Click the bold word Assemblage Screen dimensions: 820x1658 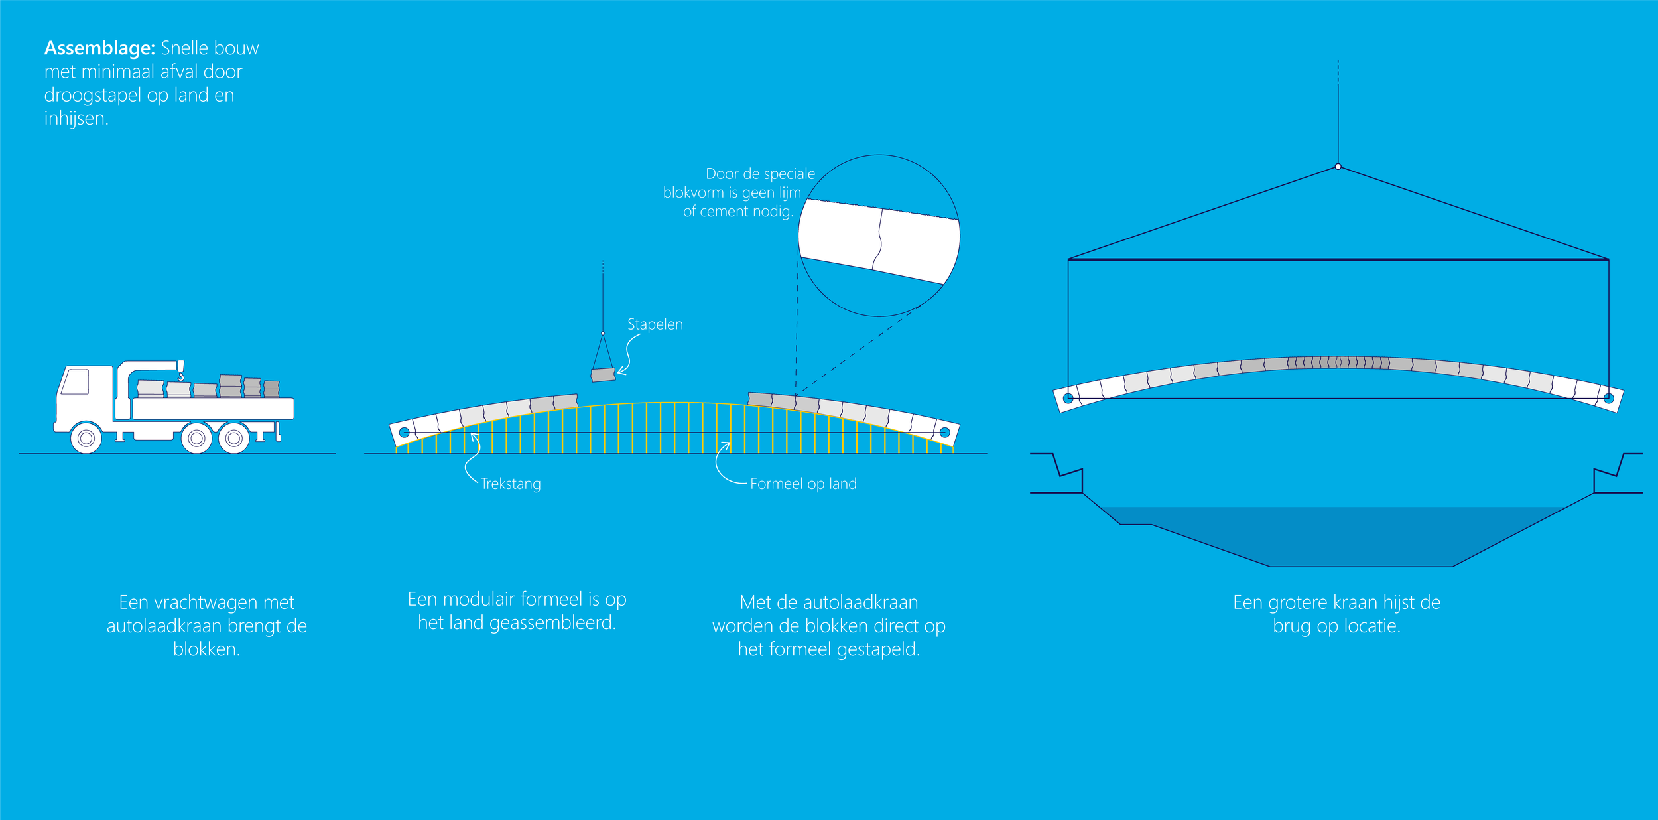point(99,48)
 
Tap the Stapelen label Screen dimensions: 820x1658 point(655,324)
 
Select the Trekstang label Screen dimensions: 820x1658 point(511,484)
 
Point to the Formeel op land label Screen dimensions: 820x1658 point(803,484)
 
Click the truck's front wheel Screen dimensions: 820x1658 point(86,439)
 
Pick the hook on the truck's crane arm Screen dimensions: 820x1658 point(180,376)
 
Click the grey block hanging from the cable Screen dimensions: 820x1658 point(603,375)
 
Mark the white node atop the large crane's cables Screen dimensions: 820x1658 point(1338,167)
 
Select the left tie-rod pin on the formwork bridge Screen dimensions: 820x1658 point(404,433)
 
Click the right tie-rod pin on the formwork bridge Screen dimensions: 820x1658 point(945,433)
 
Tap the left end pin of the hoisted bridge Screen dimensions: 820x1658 point(1068,398)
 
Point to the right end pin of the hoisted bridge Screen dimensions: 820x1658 point(1608,398)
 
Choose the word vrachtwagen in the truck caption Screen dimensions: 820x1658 point(207,602)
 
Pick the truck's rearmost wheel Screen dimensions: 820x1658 point(233,439)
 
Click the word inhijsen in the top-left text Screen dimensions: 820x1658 point(75,119)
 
